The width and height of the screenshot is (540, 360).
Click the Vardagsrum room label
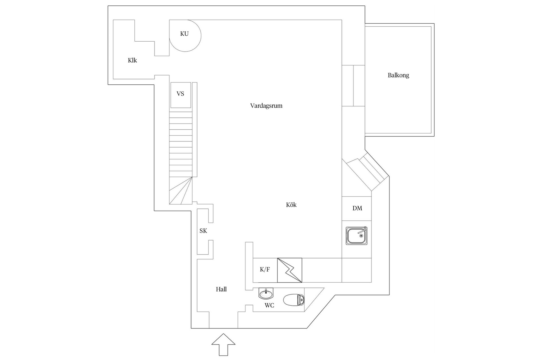point(266,106)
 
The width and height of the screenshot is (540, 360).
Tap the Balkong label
point(398,75)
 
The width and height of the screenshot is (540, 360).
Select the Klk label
point(132,60)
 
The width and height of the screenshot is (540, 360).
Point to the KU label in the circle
point(184,34)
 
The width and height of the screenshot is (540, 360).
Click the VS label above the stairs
point(180,94)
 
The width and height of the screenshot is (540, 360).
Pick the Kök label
point(291,205)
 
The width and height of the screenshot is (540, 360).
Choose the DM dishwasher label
point(357,208)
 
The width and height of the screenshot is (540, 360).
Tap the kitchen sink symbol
point(357,236)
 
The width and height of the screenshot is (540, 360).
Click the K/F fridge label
point(265,269)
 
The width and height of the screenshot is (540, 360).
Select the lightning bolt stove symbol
point(290,270)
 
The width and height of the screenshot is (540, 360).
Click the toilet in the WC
point(294,300)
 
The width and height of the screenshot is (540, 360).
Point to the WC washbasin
point(266,294)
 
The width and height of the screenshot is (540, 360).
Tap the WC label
point(269,305)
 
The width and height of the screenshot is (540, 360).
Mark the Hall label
point(221,289)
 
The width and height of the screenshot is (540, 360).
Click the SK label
point(203,231)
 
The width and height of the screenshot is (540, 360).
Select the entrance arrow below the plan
point(223,345)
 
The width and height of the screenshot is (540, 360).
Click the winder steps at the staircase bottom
point(181,190)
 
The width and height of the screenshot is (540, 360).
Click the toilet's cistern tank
point(301,300)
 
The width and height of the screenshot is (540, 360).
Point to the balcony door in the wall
point(353,85)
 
